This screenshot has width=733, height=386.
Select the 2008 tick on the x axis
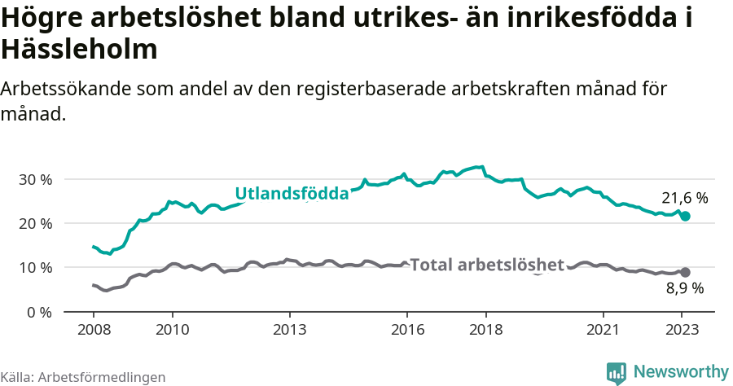coord(93,330)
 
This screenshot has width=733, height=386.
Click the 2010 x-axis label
coord(172,330)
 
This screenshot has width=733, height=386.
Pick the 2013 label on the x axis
coord(289,330)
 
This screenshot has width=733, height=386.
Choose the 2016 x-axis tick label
coord(407,330)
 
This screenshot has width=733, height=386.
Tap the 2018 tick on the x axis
coord(485,330)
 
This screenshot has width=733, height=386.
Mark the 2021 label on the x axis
coord(604,330)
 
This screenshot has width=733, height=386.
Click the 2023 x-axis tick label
coord(682,330)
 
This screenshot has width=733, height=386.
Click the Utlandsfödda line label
coord(292,194)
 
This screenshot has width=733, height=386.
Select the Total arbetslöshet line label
coord(487,265)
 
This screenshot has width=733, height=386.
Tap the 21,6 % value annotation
coord(684,198)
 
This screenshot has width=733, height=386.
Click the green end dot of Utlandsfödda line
coord(685,217)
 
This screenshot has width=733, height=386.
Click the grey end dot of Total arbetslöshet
coord(685,273)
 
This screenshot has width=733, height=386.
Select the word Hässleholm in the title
coord(79,50)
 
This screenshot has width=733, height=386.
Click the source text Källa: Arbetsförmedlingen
coord(83,377)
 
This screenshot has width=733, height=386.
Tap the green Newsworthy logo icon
coord(617,372)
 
